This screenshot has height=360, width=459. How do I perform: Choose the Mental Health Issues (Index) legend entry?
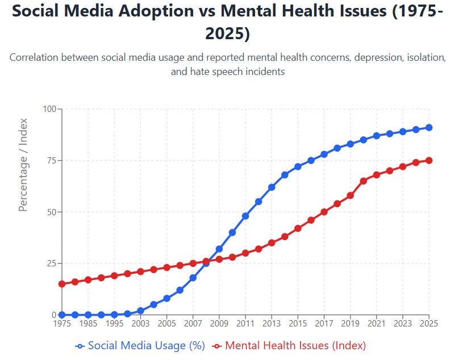pos(289,345)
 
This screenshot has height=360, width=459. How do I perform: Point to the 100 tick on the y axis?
pos(50,109)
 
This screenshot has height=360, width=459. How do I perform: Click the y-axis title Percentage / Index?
pos(23,165)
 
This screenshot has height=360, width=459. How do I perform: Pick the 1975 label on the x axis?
pos(61,324)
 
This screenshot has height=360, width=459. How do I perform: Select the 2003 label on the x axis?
pos(140,324)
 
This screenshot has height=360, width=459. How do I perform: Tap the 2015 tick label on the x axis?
pos(298,324)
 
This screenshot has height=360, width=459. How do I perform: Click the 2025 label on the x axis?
pos(429,324)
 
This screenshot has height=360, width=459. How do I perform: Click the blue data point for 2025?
pos(429,128)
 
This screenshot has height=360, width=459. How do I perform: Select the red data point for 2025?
pos(429,161)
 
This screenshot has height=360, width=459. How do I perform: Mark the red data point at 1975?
pos(61,284)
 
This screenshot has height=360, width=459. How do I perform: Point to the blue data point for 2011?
pos(245,216)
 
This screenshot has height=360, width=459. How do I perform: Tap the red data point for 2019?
pos(350,195)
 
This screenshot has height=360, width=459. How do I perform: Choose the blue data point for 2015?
pos(298,166)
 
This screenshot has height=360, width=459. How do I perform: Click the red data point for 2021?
pos(377,175)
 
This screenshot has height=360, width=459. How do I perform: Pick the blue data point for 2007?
pos(193,278)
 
